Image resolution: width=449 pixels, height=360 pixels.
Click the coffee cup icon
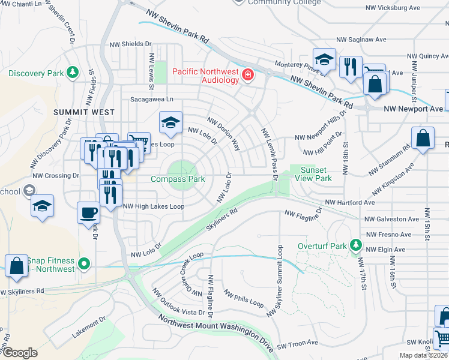point(89,212)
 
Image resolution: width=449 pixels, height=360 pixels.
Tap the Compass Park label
point(178,179)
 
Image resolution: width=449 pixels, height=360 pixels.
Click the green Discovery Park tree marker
point(73,73)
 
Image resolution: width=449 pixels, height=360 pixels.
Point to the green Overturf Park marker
point(356,246)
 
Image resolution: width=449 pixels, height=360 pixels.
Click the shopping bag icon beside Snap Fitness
point(17,265)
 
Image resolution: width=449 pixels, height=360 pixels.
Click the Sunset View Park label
point(316,174)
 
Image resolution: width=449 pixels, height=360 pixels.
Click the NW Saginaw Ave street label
point(361,40)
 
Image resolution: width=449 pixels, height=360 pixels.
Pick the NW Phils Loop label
point(244,298)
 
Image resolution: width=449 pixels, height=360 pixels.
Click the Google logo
point(20,353)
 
